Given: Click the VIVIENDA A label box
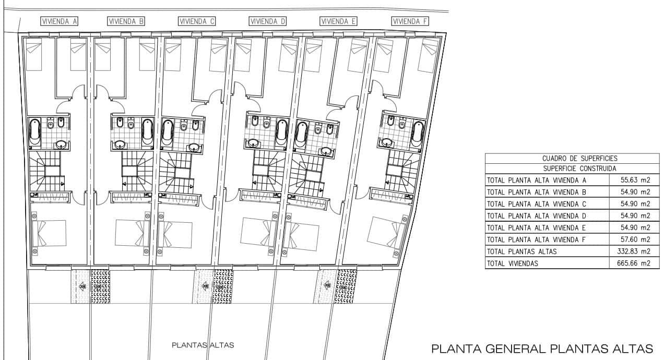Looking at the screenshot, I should click(x=59, y=21).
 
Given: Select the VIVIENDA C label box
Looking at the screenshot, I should click(x=197, y=21).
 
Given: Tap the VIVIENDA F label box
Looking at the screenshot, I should click(x=410, y=21).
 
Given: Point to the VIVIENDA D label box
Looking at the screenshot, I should click(x=268, y=21).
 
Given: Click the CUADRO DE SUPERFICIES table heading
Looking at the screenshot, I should click(x=572, y=158).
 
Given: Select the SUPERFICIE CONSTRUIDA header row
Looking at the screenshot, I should click(x=572, y=169).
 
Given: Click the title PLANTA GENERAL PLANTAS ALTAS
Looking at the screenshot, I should click(x=542, y=349).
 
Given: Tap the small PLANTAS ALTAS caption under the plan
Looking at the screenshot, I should click(x=203, y=345).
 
